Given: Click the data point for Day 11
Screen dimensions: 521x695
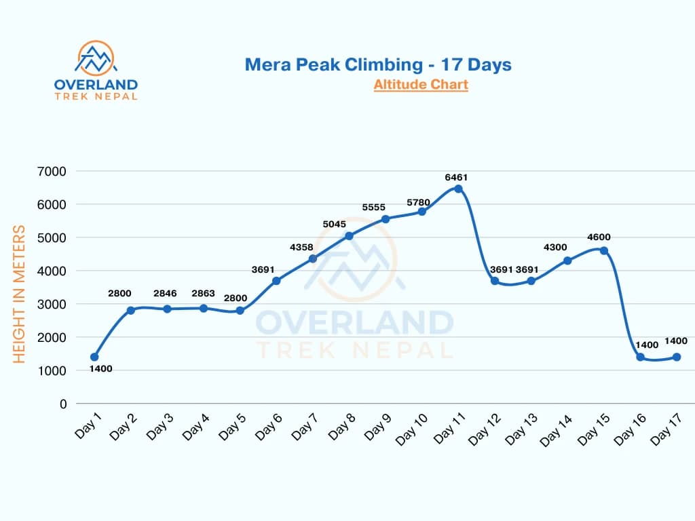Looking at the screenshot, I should (458, 189).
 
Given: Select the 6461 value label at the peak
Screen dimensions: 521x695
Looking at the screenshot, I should (456, 177).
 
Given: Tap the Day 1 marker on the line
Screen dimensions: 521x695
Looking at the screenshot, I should (94, 357).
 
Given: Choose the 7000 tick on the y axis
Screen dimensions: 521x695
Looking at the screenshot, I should (53, 171).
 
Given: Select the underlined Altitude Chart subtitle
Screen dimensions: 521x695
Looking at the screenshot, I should (420, 85).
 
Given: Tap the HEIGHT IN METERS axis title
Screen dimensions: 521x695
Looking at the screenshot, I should (20, 294).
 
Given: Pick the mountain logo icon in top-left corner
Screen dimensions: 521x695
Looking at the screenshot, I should (96, 59).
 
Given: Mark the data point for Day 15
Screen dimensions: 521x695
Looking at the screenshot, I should (604, 250).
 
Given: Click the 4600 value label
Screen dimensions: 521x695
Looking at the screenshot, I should (599, 237).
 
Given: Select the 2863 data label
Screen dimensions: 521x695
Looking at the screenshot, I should (203, 293).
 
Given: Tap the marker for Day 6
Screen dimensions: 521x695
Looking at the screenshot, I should (276, 281).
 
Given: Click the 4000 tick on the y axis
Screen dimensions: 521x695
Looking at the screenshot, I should (53, 271).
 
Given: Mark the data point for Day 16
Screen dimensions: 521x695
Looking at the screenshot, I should (640, 357).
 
